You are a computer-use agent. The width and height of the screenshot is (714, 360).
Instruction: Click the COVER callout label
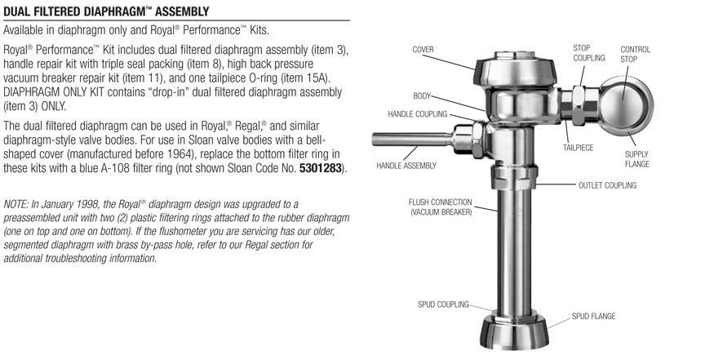point(423,50)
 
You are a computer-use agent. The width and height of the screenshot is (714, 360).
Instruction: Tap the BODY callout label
point(421,96)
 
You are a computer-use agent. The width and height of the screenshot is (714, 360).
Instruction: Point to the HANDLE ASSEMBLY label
point(406,166)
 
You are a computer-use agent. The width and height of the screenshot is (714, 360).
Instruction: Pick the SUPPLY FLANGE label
point(636,158)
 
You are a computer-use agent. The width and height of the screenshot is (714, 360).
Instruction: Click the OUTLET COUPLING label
point(606,185)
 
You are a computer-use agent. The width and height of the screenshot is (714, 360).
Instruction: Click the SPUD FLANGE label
point(593,316)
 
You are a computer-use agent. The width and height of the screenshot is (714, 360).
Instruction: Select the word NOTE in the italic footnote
point(16,202)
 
